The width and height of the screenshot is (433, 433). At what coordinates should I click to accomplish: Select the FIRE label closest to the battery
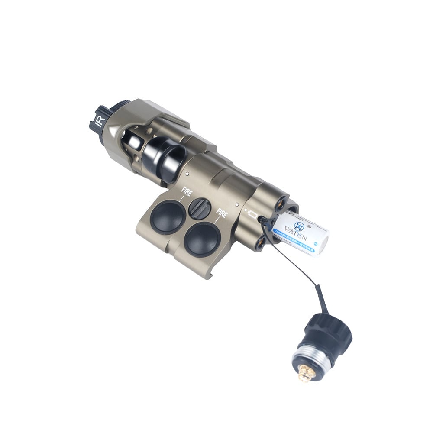pyautogui.click(x=222, y=213)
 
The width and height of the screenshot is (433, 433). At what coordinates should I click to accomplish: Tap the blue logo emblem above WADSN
pyautogui.click(x=298, y=225)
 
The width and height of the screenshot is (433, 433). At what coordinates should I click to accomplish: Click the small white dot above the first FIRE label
pyautogui.click(x=187, y=174)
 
